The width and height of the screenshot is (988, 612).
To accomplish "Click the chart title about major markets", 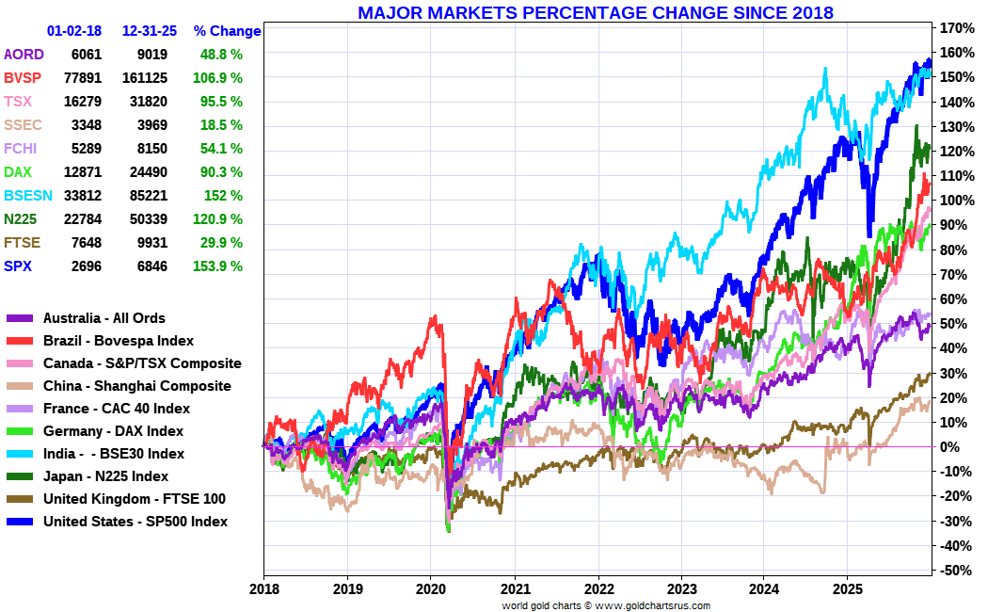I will pyautogui.click(x=595, y=12).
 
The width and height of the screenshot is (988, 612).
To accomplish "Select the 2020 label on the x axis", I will pyautogui.click(x=430, y=588).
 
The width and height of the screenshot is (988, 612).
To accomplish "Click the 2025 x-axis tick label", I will pyautogui.click(x=847, y=588).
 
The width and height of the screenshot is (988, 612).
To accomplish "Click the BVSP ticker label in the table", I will pyautogui.click(x=23, y=78).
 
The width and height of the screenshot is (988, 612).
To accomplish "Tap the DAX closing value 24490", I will pyautogui.click(x=145, y=172).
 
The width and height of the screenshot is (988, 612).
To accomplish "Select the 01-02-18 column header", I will pyautogui.click(x=76, y=31).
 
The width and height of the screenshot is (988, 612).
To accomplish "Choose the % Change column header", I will pyautogui.click(x=227, y=31).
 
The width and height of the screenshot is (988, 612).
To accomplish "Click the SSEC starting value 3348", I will pyautogui.click(x=86, y=125).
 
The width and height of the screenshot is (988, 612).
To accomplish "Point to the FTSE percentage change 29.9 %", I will pyautogui.click(x=222, y=243).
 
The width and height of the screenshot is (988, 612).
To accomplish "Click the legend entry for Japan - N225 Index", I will pyautogui.click(x=105, y=476).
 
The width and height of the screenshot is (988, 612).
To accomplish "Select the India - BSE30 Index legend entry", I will pyautogui.click(x=113, y=454).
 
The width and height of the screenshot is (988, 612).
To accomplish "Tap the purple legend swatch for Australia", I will pyautogui.click(x=20, y=319).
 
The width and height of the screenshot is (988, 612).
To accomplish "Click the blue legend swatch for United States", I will pyautogui.click(x=20, y=522).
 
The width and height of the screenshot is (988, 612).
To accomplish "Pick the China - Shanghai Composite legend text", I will pyautogui.click(x=136, y=386).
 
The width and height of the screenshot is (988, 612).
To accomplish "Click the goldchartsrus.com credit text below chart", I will pyautogui.click(x=606, y=605).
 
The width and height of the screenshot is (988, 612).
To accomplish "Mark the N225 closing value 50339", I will pyautogui.click(x=145, y=219).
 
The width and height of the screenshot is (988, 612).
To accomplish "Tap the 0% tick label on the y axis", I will pyautogui.click(x=951, y=446).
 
